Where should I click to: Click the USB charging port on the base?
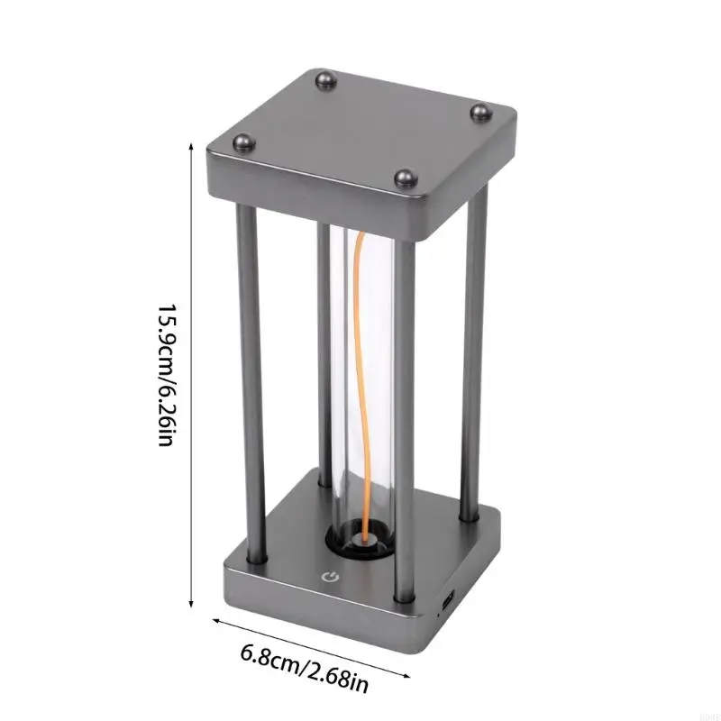[449, 599]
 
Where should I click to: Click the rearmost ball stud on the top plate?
[326, 81]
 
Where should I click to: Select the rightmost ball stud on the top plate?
[481, 114]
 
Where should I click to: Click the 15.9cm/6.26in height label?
[165, 375]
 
